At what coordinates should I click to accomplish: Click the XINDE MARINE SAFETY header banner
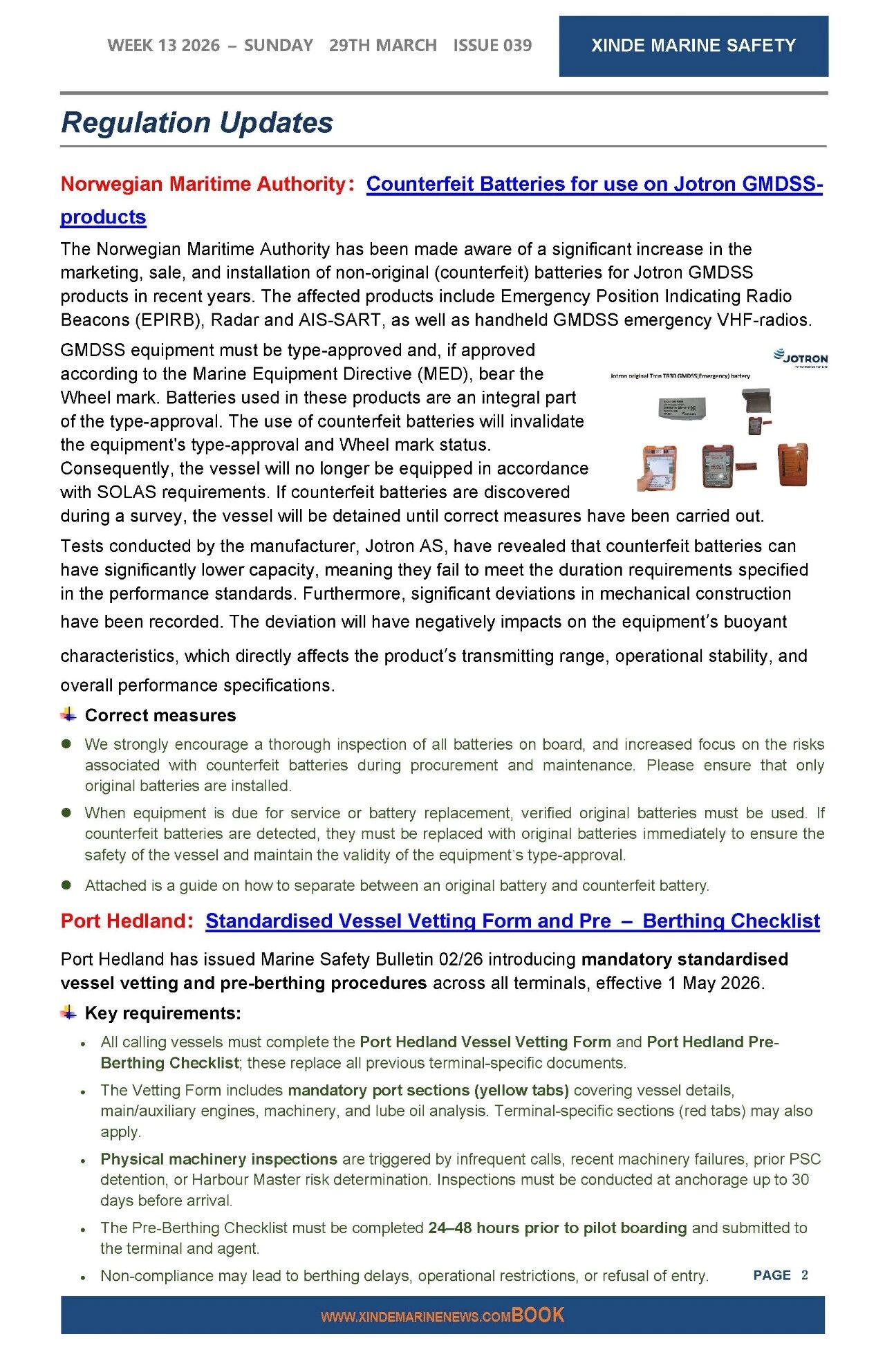click(x=693, y=46)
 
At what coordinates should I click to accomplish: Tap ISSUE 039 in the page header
click(x=492, y=46)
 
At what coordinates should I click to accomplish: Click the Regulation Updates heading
click(x=197, y=122)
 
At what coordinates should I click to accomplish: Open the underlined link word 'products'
click(x=103, y=217)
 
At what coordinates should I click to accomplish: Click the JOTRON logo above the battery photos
click(x=801, y=358)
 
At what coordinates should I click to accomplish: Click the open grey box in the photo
click(x=756, y=400)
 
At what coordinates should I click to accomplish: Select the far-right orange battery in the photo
click(x=792, y=465)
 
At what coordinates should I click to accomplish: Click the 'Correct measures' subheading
click(x=160, y=715)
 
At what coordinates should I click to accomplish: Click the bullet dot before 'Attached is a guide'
click(x=67, y=885)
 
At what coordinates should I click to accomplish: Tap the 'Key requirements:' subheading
click(x=162, y=1013)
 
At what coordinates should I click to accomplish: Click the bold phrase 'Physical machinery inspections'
click(x=218, y=1159)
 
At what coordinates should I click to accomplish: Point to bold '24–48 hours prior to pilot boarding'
click(x=557, y=1228)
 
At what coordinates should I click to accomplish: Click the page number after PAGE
click(x=805, y=1275)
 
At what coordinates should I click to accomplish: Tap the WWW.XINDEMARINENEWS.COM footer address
click(x=416, y=1317)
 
